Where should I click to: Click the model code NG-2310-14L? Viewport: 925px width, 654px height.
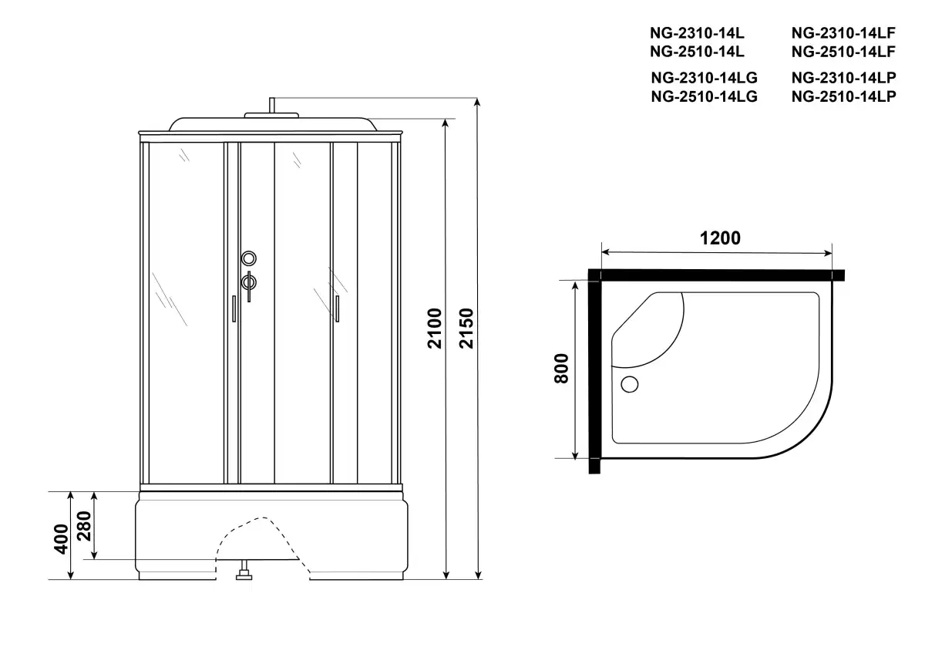point(697,32)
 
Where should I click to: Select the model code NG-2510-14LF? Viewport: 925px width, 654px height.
point(843,52)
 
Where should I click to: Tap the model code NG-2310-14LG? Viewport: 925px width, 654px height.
point(704,77)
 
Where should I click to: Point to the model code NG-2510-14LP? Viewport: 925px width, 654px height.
point(843,96)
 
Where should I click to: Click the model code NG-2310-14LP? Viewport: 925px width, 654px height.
point(843,77)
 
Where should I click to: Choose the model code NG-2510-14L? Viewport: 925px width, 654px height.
point(697,52)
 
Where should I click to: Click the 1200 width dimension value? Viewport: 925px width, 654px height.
point(720,238)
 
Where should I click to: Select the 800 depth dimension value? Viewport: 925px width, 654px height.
point(562,369)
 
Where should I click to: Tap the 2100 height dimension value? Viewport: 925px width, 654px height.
point(435,329)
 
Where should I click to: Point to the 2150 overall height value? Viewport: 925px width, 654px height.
point(466,329)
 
